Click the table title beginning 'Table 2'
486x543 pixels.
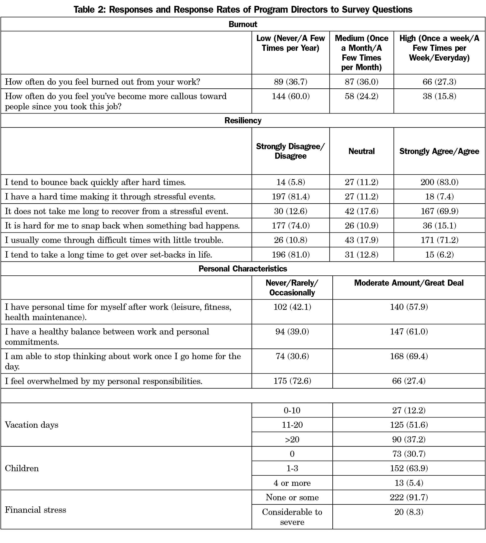243,10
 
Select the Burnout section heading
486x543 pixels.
243,24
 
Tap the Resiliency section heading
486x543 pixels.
243,120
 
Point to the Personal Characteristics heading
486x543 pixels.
243,269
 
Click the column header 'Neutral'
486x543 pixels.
361,151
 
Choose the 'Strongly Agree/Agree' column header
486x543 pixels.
439,151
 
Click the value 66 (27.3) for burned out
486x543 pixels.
439,82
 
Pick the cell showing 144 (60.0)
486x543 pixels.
291,96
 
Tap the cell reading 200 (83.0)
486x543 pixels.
439,182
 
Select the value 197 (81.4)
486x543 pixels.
291,197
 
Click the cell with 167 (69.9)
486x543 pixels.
439,211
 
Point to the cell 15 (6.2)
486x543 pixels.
439,255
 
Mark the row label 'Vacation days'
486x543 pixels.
32,425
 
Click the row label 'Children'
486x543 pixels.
22,468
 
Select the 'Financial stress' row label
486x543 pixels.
35,510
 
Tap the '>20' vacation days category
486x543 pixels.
292,439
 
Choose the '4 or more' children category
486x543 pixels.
292,483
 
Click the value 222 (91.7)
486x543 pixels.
409,497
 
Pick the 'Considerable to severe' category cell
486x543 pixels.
292,517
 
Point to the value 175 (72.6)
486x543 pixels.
292,381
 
